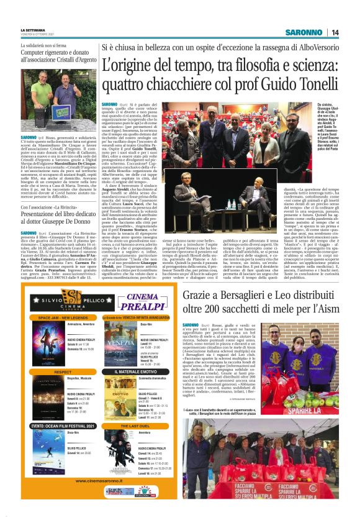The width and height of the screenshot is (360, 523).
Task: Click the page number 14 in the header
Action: coord(335,32)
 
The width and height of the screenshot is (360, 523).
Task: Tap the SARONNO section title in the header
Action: coord(304,32)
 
